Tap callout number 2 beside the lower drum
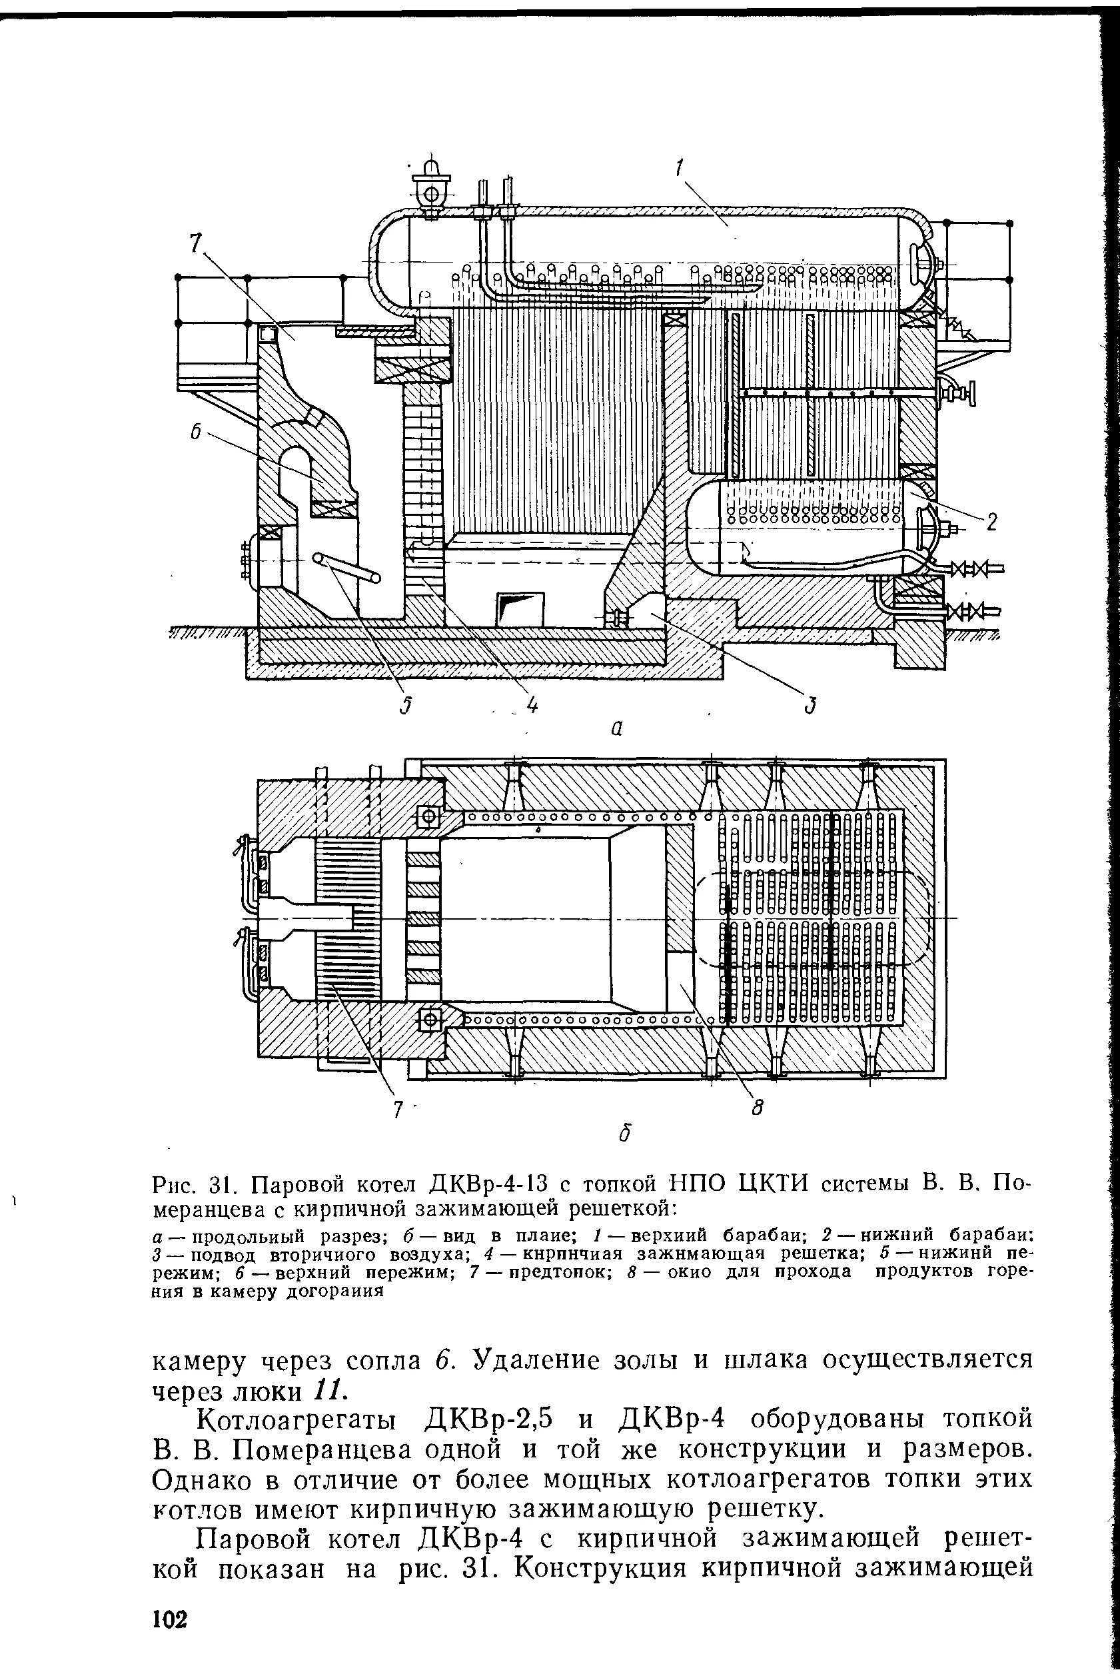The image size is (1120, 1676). click(x=991, y=524)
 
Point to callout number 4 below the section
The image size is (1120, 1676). click(x=532, y=705)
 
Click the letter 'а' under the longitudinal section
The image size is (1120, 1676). click(x=617, y=728)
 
